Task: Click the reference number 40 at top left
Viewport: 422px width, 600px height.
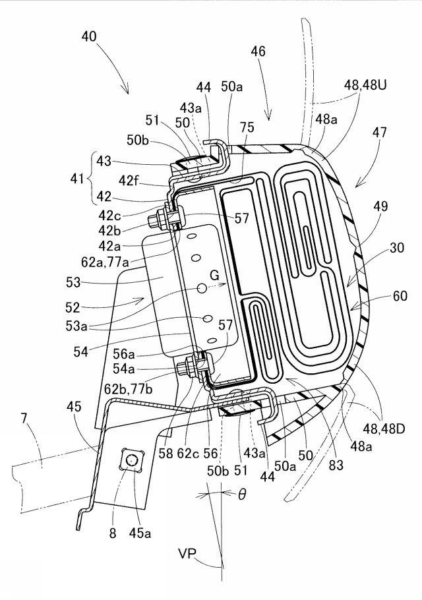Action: click(89, 37)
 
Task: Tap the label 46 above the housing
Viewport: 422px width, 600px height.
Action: click(258, 51)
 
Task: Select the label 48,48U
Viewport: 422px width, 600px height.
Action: click(365, 85)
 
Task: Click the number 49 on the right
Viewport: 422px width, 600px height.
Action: click(380, 206)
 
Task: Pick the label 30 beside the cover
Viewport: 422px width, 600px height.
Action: click(397, 247)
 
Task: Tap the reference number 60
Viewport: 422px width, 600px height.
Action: click(400, 296)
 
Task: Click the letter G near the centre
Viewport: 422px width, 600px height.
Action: click(215, 275)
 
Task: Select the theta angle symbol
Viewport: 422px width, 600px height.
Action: click(242, 495)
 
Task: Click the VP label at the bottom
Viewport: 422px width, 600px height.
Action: click(187, 553)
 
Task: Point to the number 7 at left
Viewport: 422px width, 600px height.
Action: click(24, 418)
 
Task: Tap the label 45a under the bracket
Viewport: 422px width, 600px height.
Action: click(139, 533)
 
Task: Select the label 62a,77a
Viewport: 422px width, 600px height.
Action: click(104, 262)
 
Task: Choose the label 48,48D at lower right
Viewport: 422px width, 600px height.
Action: click(383, 429)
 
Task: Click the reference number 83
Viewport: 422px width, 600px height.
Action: click(336, 465)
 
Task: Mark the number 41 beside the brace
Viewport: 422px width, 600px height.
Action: click(77, 178)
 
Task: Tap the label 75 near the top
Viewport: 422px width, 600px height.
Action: click(247, 127)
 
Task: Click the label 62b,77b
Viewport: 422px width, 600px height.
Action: click(128, 389)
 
